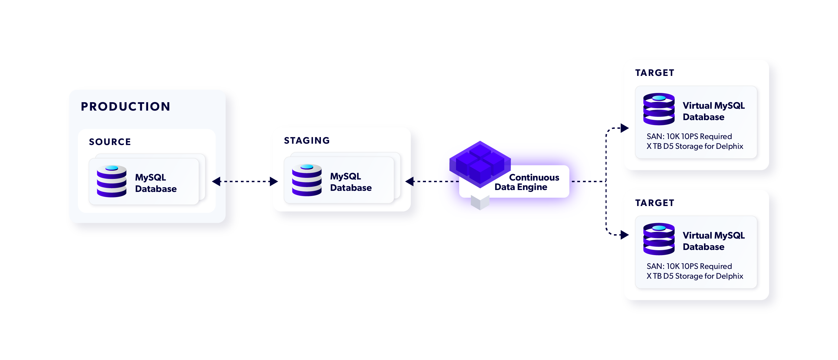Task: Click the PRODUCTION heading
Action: click(125, 107)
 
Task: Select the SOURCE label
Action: click(110, 142)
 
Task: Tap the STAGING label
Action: click(307, 140)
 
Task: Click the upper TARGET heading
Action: click(655, 73)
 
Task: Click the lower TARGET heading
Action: click(655, 203)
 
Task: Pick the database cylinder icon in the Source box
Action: click(111, 181)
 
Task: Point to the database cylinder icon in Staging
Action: click(307, 180)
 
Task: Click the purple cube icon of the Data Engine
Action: click(480, 164)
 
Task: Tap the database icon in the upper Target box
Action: click(659, 109)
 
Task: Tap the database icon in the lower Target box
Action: click(659, 239)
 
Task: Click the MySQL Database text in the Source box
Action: click(155, 183)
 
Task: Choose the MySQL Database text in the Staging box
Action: click(350, 182)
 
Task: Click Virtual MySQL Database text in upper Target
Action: click(713, 111)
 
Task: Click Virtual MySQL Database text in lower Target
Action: click(713, 241)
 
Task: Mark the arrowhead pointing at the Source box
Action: click(216, 181)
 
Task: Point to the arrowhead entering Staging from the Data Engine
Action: click(410, 181)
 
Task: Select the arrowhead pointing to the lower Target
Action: click(624, 234)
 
